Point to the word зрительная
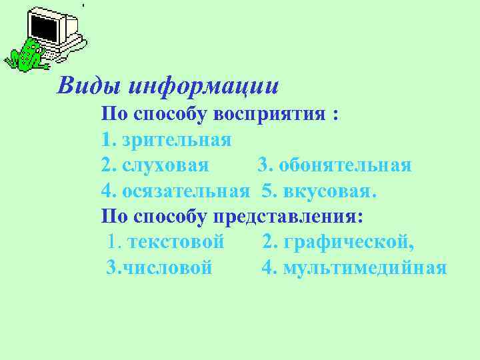click(177, 141)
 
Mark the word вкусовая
click(330, 191)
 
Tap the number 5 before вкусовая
click(268, 191)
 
